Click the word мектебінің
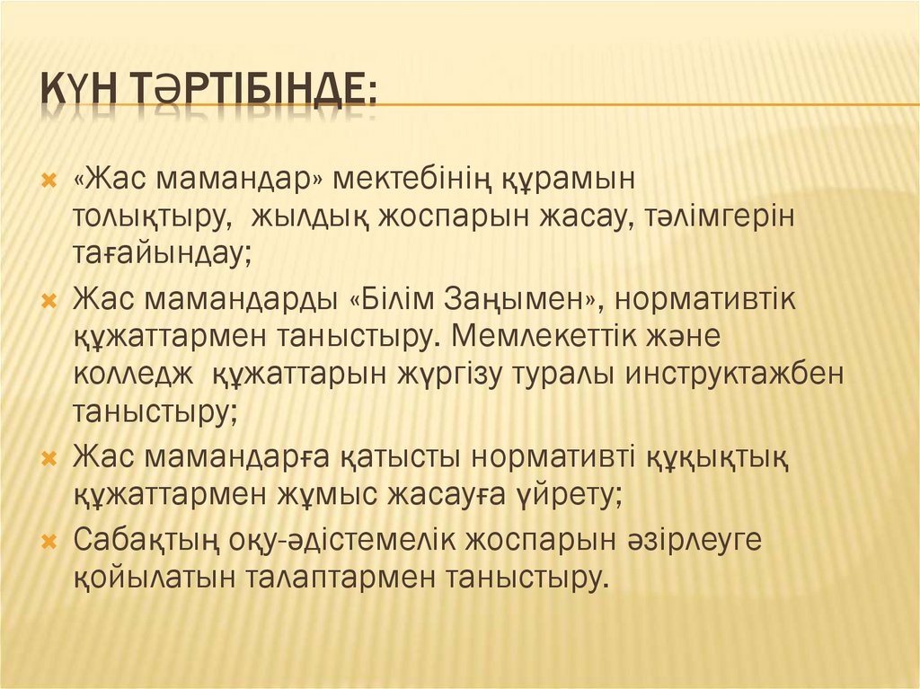411,179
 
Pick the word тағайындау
163,255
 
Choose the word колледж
133,375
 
